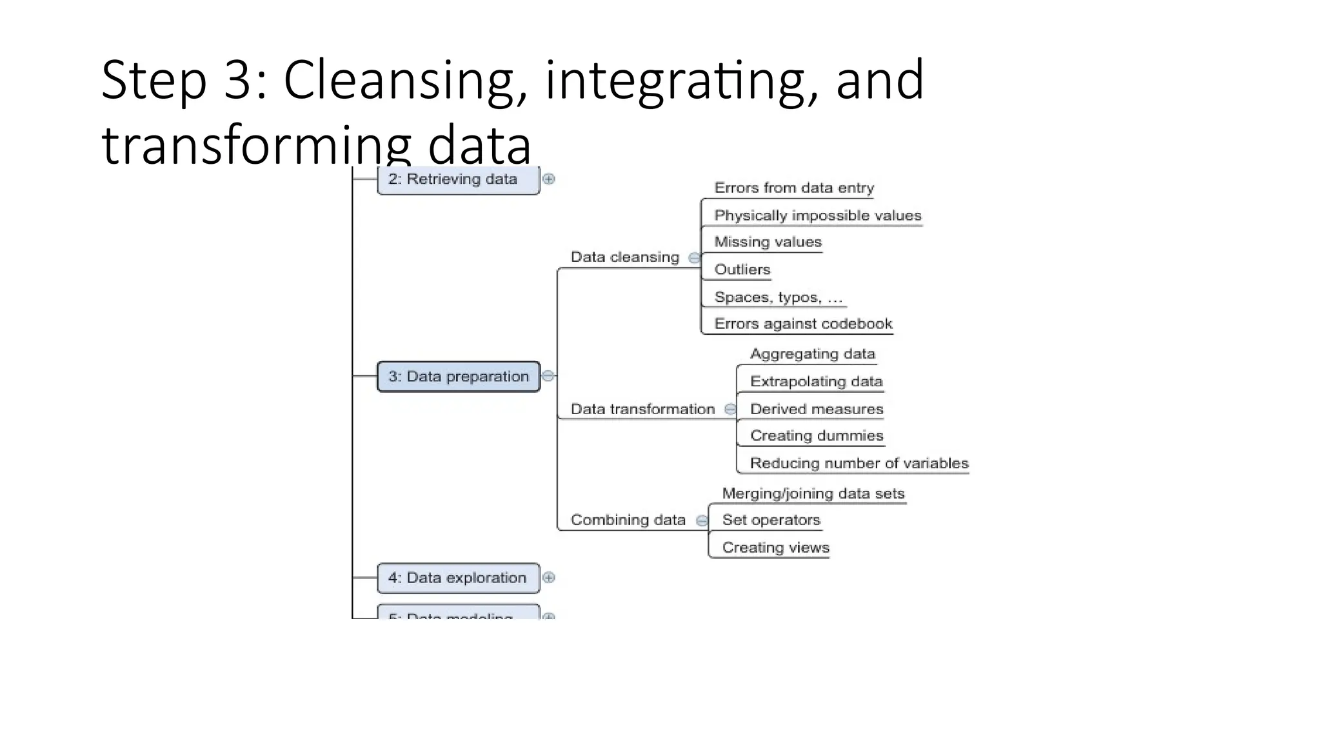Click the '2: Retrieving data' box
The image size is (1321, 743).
coord(458,179)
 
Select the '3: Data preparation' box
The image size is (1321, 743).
coord(458,377)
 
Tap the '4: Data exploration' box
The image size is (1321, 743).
coord(458,578)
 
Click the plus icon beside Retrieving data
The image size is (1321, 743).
coord(549,179)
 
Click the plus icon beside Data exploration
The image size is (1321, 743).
coord(549,578)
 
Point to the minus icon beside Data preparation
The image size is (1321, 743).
coord(548,376)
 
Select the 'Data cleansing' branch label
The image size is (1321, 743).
coord(624,257)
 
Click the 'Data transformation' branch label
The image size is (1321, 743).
coord(642,410)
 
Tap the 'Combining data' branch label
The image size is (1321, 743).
coord(628,520)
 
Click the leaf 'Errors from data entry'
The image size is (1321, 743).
coord(794,188)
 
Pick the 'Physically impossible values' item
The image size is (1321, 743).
coord(817,215)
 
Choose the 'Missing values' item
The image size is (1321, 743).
coord(768,243)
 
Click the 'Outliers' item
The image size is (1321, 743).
coord(742,270)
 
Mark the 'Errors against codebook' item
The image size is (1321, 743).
coord(803,324)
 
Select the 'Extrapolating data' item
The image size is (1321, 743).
coord(816,382)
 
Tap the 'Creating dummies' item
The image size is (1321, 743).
coord(816,436)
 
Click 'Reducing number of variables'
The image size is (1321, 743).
coord(859,464)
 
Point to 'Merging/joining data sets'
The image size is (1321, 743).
coord(813,494)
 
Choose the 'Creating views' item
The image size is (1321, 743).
coord(775,548)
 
